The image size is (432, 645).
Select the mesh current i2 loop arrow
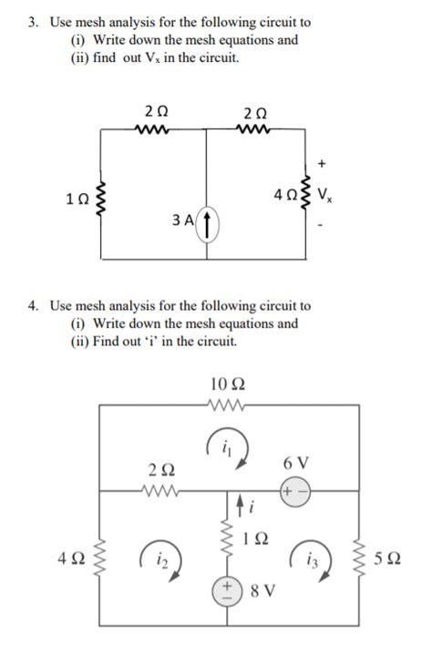pyautogui.click(x=154, y=556)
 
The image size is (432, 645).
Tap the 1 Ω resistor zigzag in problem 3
pyautogui.click(x=101, y=197)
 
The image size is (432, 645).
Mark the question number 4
pyautogui.click(x=30, y=307)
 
